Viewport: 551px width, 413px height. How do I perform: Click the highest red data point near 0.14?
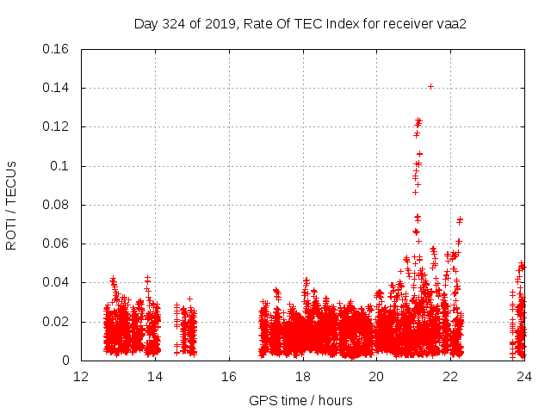pos(430,86)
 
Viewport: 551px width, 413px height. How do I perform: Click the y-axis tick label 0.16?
pos(58,49)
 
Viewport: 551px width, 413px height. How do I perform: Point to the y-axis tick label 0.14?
pos(58,88)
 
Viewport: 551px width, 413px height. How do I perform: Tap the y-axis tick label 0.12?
pos(58,126)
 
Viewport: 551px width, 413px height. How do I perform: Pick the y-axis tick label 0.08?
pos(58,205)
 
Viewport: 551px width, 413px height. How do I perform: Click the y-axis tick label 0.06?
pos(58,243)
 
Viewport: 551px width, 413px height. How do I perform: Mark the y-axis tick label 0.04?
pos(58,282)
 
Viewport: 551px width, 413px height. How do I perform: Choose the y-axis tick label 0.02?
pos(58,322)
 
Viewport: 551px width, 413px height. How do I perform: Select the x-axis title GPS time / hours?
pos(300,400)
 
